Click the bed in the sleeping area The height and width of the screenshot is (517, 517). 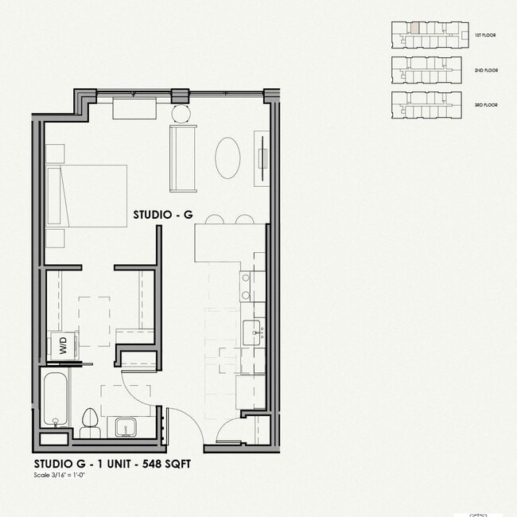[87, 196]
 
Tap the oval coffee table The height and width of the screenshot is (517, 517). [228, 158]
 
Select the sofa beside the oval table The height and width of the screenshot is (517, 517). [183, 158]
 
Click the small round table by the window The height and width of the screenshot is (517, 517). [181, 113]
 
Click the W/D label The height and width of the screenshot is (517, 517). [61, 346]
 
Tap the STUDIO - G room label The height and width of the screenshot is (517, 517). [163, 215]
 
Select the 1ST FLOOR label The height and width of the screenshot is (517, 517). [485, 36]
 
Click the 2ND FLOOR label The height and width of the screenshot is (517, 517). [485, 71]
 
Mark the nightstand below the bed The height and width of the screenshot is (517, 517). [55, 238]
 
